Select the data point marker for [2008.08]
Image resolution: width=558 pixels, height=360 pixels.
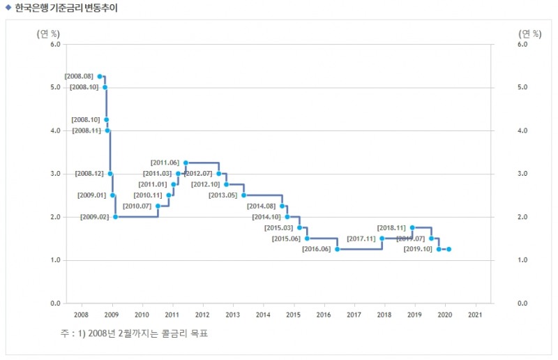tap(100, 76)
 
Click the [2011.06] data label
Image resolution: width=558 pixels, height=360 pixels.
tap(165, 163)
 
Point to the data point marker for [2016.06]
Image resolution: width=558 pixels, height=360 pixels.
tap(337, 249)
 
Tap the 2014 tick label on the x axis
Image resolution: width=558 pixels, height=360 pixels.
tap(264, 315)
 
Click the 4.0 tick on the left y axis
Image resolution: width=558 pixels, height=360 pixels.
tap(54, 130)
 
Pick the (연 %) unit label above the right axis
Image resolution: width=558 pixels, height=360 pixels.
tap(530, 32)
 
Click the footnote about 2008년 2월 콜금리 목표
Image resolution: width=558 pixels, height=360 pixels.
tap(134, 333)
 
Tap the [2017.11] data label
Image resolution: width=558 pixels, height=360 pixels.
tap(361, 239)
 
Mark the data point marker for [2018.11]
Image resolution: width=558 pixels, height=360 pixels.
tap(412, 227)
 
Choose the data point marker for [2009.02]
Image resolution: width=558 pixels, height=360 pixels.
tap(115, 217)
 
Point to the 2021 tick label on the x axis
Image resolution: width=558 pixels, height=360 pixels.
tap(475, 315)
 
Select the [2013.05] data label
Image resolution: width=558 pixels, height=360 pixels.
tap(223, 195)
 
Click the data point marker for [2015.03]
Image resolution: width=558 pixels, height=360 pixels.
tap(299, 227)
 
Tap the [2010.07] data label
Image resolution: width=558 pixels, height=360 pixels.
tap(137, 206)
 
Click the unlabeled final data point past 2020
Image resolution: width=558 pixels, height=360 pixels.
tap(448, 249)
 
